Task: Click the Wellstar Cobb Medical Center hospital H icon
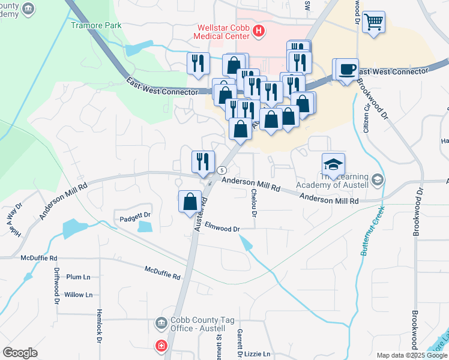259,31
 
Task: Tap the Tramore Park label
96,25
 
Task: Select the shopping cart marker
373,22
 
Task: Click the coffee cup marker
346,68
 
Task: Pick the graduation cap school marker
333,164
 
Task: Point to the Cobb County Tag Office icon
160,323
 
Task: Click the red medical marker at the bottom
160,346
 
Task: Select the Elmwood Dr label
222,229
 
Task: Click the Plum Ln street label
78,277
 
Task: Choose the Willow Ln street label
78,295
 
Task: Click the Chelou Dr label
255,203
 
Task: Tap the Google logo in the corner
20,352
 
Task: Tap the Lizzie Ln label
258,354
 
